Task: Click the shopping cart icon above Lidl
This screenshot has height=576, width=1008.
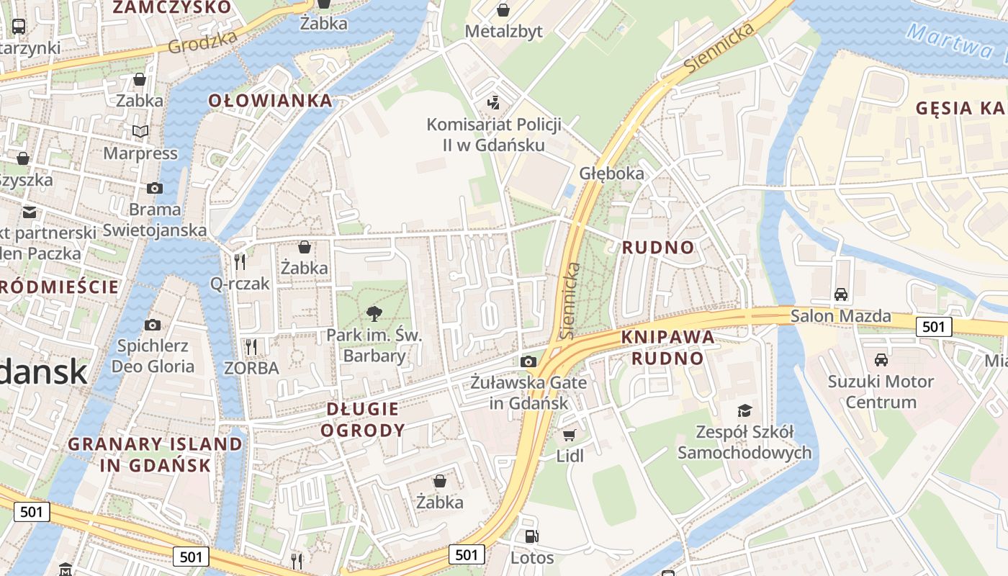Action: [570, 435]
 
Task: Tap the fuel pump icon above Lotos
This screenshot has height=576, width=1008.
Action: [531, 536]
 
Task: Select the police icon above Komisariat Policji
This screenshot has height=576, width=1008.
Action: [494, 103]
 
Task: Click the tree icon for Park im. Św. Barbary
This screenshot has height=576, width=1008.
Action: [374, 314]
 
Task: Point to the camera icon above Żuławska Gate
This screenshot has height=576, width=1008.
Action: [528, 361]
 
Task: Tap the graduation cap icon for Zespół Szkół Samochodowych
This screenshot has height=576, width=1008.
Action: [744, 410]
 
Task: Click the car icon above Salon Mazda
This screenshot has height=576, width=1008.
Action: [840, 294]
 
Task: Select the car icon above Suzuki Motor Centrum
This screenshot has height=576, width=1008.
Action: [881, 360]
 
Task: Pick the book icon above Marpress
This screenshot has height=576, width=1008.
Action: [140, 132]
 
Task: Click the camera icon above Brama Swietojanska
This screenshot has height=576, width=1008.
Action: [155, 189]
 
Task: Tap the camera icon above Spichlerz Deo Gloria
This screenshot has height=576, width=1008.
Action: [153, 325]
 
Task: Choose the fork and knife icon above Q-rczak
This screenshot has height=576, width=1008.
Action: [240, 262]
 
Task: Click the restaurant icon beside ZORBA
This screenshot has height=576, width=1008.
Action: [251, 347]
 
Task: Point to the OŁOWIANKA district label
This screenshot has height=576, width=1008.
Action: [271, 101]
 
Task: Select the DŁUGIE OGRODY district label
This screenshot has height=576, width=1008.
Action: [362, 420]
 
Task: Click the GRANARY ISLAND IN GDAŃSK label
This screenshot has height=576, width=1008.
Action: [156, 454]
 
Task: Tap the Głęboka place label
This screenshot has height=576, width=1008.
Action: [611, 174]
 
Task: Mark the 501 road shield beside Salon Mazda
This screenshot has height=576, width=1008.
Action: [934, 327]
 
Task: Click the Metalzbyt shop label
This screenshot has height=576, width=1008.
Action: [504, 32]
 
